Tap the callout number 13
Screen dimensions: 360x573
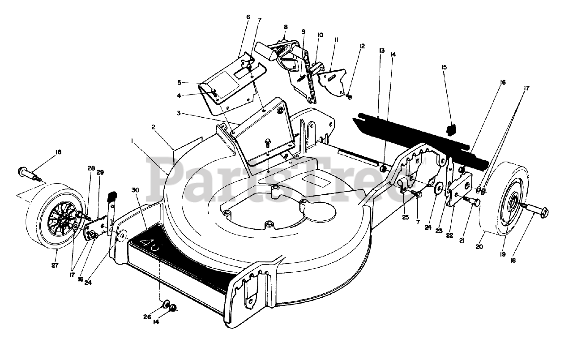(x=382, y=51)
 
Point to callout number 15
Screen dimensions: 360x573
(x=444, y=67)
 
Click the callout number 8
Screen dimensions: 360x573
(x=286, y=27)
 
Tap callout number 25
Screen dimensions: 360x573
(x=406, y=218)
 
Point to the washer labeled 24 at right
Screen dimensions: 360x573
(x=437, y=189)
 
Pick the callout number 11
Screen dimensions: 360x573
(x=335, y=40)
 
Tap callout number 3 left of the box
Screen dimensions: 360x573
(x=179, y=113)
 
